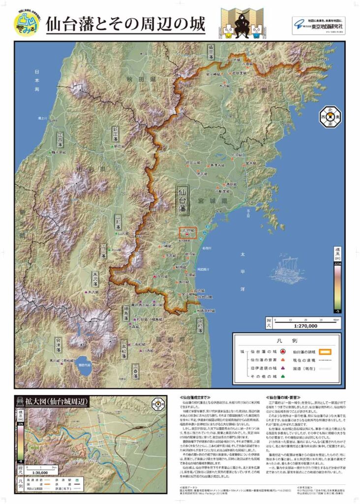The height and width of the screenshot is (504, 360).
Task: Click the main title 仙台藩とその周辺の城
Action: [x=125, y=25]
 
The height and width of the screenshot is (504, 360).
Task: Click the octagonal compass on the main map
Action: [x=331, y=117]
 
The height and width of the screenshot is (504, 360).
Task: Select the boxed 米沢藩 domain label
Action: [x=93, y=278]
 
